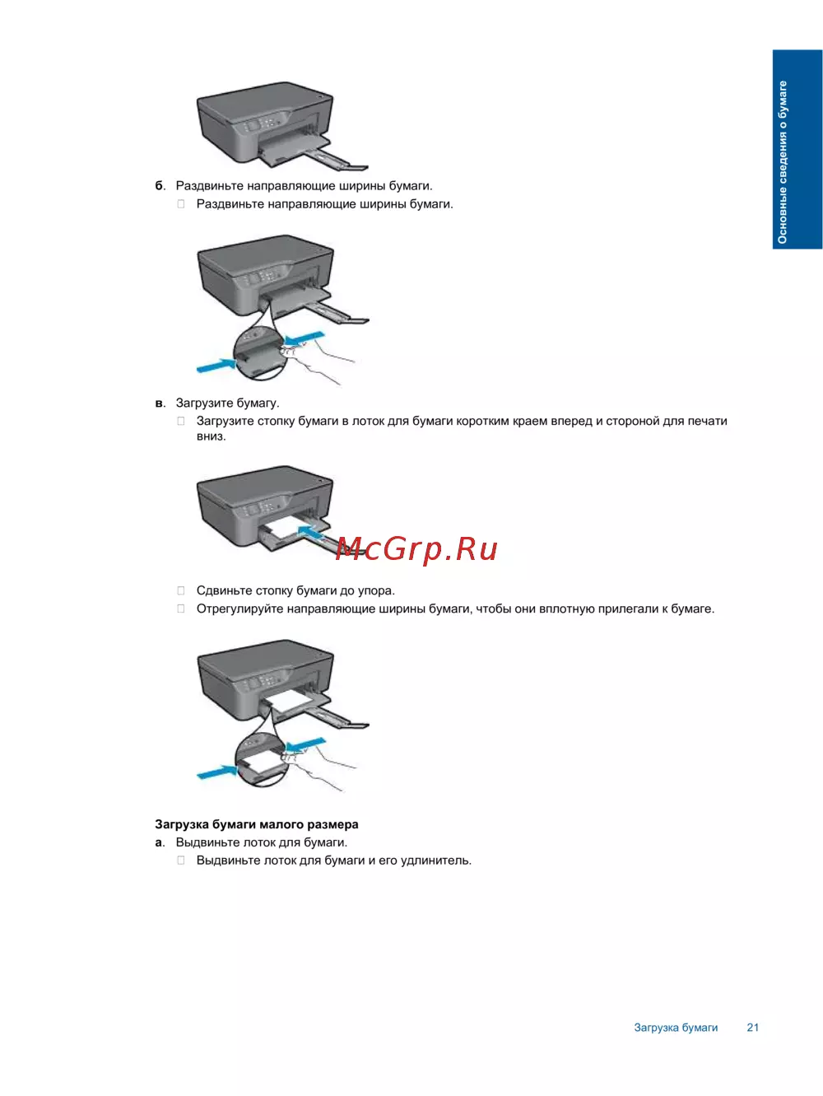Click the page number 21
click(x=752, y=1028)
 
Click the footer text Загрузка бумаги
click(x=676, y=1028)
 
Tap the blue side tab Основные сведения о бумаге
click(x=797, y=149)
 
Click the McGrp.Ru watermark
click(x=416, y=548)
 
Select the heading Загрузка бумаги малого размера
click(x=256, y=824)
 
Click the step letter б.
click(x=160, y=186)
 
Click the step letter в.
click(x=160, y=403)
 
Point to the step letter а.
click(x=159, y=842)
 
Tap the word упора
click(x=375, y=590)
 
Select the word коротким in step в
click(x=482, y=421)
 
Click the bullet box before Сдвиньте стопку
click(x=181, y=590)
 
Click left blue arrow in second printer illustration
click(x=215, y=364)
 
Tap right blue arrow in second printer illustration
click(x=305, y=338)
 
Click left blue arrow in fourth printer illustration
click(x=216, y=772)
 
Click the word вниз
click(x=211, y=436)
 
